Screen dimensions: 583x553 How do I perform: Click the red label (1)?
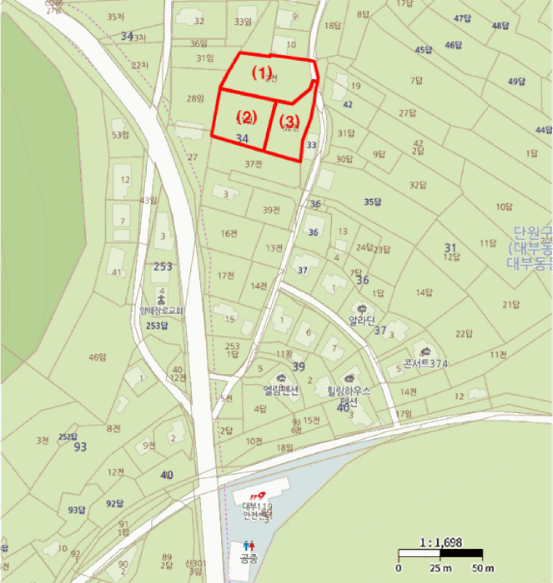[x=263, y=72]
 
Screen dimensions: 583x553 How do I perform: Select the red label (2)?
[x=246, y=116]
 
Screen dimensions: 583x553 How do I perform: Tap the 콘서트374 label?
[x=425, y=363]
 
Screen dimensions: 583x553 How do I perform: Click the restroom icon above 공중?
[x=247, y=546]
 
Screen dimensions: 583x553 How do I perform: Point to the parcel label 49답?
[x=517, y=82]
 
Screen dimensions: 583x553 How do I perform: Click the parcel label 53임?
[x=121, y=135]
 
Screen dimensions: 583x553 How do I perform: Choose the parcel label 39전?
[x=271, y=210]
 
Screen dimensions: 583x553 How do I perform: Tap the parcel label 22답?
[x=464, y=334]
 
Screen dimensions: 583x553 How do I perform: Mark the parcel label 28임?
[x=195, y=99]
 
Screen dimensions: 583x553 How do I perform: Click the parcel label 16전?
[x=229, y=234]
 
